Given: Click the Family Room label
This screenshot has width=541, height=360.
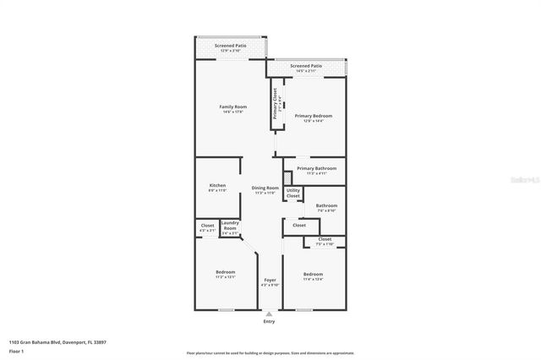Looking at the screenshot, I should click(x=232, y=106).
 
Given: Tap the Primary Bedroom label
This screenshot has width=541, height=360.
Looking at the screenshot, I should click(x=313, y=116).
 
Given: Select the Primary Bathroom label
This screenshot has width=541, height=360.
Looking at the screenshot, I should click(x=316, y=168).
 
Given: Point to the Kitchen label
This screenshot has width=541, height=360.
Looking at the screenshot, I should click(x=217, y=185).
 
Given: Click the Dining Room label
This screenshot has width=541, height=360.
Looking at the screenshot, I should click(x=265, y=188).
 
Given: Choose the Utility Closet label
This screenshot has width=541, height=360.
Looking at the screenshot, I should click(x=292, y=194).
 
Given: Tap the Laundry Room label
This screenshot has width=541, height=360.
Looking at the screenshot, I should click(x=230, y=224).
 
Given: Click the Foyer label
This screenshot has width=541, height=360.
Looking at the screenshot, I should click(x=270, y=280).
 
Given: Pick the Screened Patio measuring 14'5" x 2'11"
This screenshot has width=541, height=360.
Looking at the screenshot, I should click(x=305, y=66).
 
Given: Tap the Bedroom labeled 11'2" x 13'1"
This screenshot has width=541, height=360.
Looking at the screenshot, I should click(x=225, y=272).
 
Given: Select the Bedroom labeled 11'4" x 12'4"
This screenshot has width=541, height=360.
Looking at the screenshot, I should click(x=313, y=275).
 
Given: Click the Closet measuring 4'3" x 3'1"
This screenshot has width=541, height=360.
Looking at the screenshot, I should click(x=207, y=226).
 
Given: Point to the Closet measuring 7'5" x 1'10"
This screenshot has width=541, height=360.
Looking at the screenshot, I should click(x=325, y=239).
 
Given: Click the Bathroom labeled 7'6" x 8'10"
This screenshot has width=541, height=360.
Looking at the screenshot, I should click(x=326, y=205).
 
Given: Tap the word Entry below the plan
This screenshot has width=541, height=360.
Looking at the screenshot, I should click(x=269, y=321).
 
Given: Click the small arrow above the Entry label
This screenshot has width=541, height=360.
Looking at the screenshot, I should click(x=269, y=314).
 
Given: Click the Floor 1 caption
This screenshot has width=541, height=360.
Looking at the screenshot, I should click(x=16, y=350).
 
